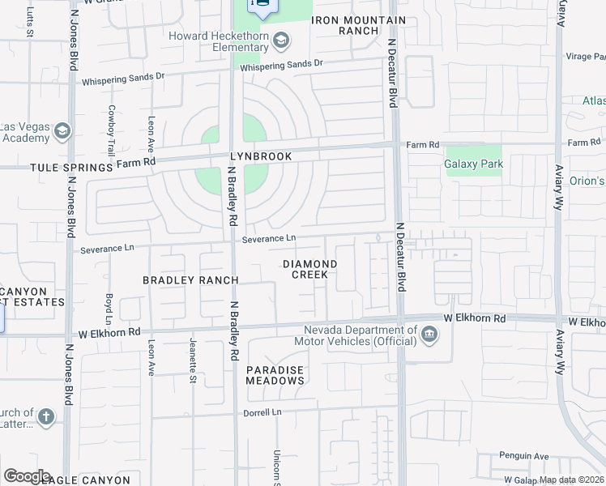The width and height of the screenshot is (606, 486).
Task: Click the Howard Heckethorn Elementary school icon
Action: point(281,40)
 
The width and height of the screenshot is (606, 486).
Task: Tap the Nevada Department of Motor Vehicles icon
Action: point(429,334)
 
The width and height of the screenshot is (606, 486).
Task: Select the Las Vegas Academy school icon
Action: point(62,131)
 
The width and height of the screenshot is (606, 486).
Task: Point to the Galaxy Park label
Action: point(474,164)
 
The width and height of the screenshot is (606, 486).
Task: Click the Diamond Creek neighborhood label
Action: point(309,269)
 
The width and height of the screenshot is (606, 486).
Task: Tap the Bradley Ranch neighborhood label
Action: point(190,280)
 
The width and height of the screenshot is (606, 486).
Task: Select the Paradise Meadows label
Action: point(275,375)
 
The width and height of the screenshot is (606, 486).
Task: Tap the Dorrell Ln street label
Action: point(262,412)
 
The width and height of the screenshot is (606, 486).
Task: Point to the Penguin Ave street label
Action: point(524,455)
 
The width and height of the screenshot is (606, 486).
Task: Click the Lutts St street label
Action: point(30,23)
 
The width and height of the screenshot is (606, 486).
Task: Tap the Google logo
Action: point(27,476)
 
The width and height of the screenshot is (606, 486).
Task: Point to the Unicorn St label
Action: point(276,468)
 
